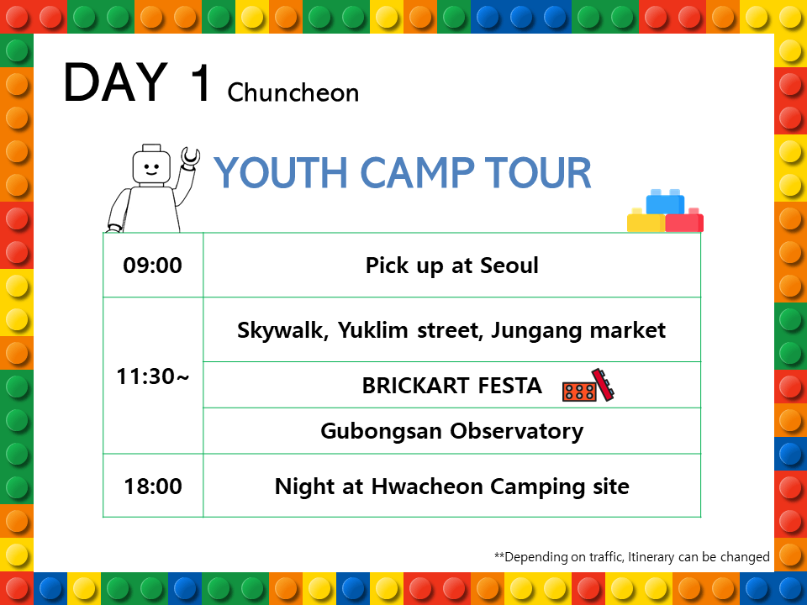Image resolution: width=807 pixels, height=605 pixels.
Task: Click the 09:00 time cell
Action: [x=152, y=266]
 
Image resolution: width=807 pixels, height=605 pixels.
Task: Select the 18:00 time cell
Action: [x=153, y=487]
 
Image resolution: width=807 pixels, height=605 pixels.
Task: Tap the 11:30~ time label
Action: [x=153, y=376]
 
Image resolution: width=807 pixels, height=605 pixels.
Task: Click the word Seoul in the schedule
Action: [x=509, y=266]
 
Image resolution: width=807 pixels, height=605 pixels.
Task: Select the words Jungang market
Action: [x=578, y=330]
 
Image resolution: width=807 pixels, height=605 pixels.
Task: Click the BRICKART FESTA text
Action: [x=452, y=386]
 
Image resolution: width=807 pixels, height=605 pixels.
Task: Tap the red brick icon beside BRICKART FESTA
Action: [x=588, y=386]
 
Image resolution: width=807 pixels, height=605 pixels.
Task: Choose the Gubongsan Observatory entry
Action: [x=452, y=431]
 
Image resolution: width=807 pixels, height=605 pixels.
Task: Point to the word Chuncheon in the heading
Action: [x=293, y=93]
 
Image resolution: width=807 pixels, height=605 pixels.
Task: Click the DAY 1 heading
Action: [x=137, y=82]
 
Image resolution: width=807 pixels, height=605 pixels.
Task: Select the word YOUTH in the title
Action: [x=281, y=172]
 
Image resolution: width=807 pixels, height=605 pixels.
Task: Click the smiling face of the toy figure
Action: [x=151, y=168]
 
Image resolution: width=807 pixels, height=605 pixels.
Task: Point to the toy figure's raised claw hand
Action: [x=190, y=157]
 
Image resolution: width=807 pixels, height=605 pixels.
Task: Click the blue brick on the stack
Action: [x=665, y=202]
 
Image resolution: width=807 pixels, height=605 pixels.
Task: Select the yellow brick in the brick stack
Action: [x=646, y=221]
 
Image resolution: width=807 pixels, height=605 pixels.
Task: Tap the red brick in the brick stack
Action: [x=684, y=221]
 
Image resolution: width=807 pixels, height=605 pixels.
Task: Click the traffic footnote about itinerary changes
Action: [x=632, y=557]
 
